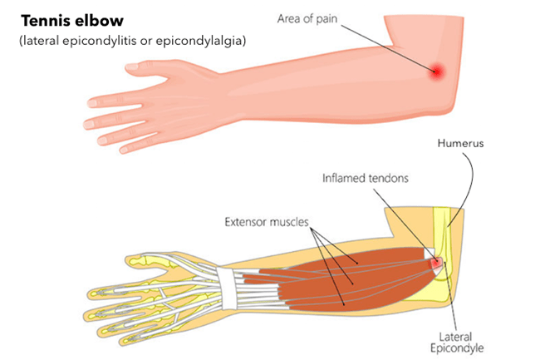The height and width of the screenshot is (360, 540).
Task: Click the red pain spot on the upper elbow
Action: click(437, 72)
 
